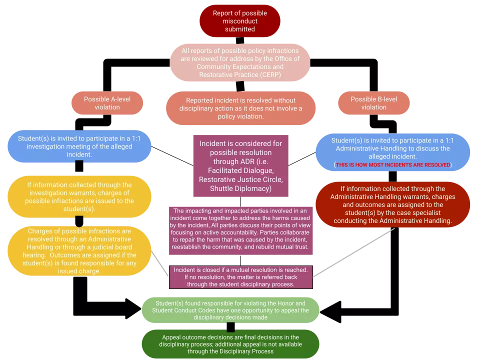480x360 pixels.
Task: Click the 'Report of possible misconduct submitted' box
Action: point(239,20)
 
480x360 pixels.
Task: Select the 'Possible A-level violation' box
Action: point(107,103)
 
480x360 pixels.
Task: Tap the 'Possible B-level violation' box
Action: point(373,103)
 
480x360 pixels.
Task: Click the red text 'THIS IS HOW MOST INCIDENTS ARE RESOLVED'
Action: point(393,164)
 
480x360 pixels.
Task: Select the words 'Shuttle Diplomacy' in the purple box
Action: point(240,188)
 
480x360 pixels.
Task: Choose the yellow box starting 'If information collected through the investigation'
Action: point(80,196)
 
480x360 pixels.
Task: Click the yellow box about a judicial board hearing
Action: point(80,251)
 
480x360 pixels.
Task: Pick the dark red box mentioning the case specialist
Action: point(393,204)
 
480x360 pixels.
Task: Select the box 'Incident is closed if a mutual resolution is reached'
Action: point(240,277)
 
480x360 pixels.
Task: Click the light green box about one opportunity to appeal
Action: point(230,310)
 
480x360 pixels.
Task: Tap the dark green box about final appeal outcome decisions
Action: point(230,344)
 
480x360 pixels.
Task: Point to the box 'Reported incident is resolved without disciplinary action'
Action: point(240,108)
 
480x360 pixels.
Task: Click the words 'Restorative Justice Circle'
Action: point(240,179)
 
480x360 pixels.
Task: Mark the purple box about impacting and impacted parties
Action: point(240,229)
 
